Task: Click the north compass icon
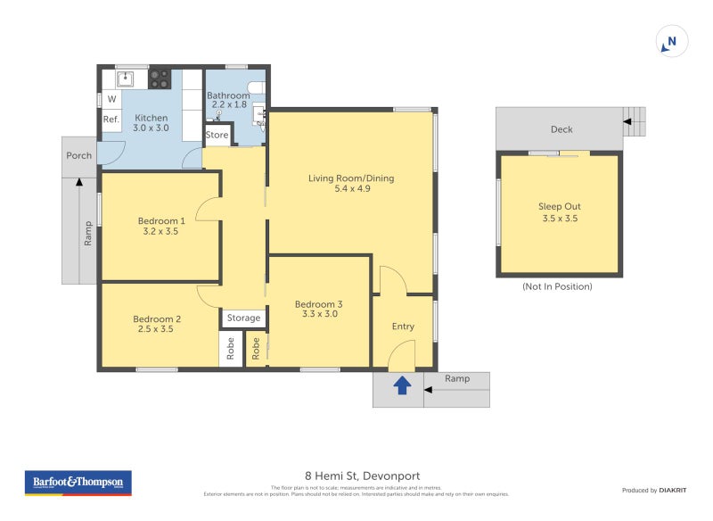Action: (671, 41)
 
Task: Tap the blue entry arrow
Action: (402, 385)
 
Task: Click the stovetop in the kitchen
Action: (160, 79)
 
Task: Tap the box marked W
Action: (111, 99)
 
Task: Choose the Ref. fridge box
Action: (111, 120)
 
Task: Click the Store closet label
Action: (217, 135)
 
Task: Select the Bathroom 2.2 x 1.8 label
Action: (228, 100)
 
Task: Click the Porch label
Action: (79, 155)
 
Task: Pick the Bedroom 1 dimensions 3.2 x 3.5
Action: (161, 232)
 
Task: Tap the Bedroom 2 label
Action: (157, 318)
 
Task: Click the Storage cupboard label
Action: (243, 318)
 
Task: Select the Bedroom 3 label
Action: (318, 304)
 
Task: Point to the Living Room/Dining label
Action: (351, 178)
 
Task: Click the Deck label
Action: (561, 129)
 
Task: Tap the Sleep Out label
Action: (559, 206)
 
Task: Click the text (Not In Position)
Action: (557, 286)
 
